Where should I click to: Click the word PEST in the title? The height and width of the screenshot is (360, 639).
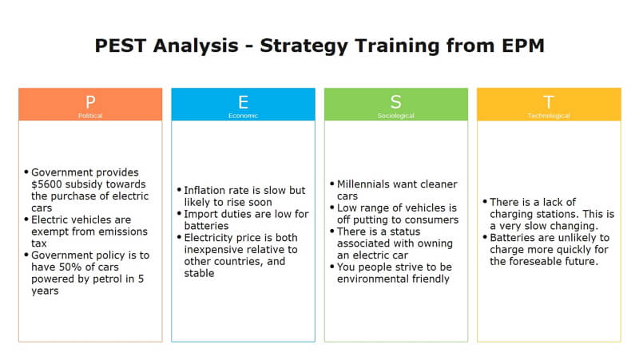pos(121,45)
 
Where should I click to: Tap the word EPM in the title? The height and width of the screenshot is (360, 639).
pos(523,45)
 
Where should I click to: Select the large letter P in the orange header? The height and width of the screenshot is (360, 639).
pos(90,102)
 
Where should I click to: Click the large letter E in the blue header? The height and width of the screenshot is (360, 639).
pos(244,102)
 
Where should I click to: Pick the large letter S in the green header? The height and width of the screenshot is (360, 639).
pos(395,102)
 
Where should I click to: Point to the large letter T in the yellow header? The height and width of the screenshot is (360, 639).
pos(549,102)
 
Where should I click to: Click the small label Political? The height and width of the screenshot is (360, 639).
pos(90,116)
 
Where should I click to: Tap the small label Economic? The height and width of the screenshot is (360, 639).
pos(244,116)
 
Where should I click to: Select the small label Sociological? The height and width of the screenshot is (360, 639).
pos(395,116)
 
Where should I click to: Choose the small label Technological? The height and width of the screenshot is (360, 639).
pos(549,116)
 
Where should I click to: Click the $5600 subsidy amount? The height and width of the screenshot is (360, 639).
pos(46,184)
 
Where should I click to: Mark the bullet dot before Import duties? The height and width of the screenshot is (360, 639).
pos(179,213)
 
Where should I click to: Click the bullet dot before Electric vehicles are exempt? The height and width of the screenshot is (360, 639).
pos(26,219)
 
